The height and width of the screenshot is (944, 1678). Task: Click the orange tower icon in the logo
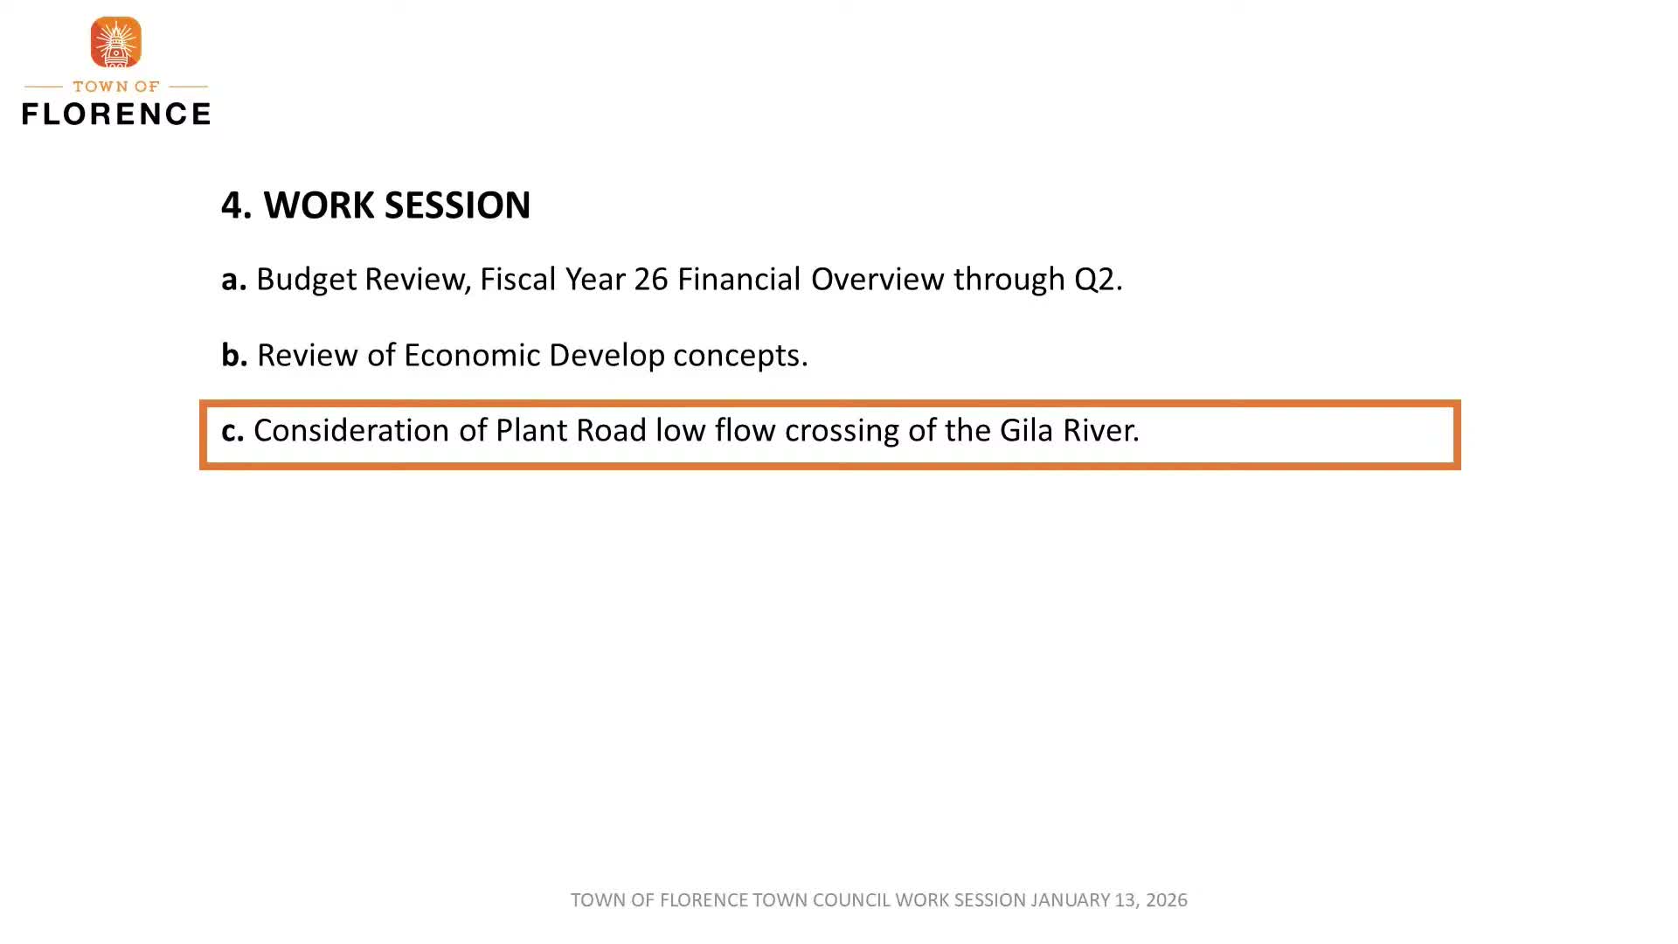click(x=115, y=42)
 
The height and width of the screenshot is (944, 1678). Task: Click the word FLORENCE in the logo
click(x=115, y=113)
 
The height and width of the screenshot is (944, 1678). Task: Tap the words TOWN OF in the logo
click(x=115, y=87)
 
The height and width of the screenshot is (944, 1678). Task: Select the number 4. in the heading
click(x=236, y=205)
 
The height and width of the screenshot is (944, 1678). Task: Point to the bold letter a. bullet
click(x=233, y=280)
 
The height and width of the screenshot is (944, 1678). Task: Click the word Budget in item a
click(x=306, y=280)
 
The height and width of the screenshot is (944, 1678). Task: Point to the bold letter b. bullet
click(x=234, y=356)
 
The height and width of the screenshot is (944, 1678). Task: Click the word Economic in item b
click(x=471, y=356)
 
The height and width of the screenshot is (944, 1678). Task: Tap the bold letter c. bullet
click(x=232, y=431)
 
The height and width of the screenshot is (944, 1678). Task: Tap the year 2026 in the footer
click(x=1166, y=900)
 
